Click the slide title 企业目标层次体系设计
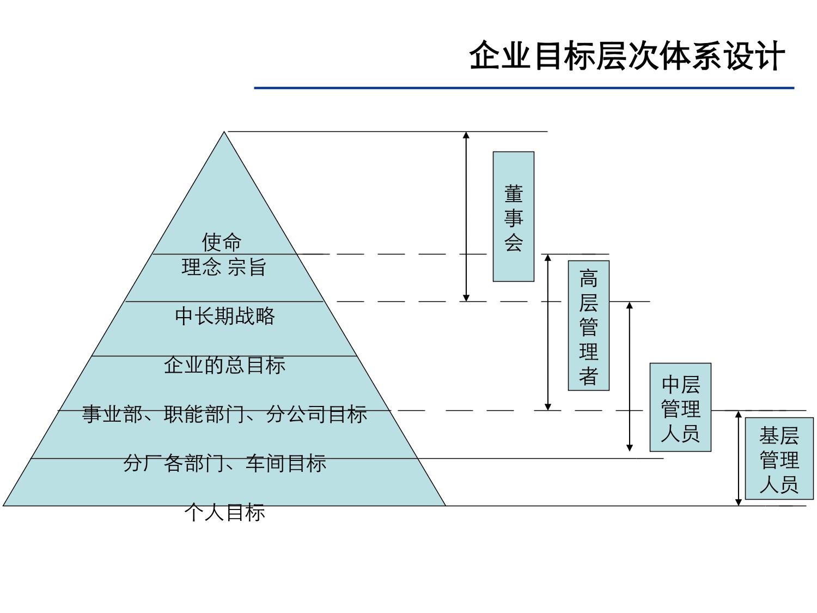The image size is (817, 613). pos(626,56)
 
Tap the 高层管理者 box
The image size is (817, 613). pos(588,325)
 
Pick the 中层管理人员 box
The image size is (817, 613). pos(680,407)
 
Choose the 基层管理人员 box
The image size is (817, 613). pos(779,458)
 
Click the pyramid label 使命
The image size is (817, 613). pos(222,241)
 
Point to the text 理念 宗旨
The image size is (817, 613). pos(224,267)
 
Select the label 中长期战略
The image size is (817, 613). pos(225,316)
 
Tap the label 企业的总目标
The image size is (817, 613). pos(224,365)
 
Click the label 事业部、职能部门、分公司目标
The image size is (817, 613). pos(224,414)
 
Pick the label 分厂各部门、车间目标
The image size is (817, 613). pos(224,463)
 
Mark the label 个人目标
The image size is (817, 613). pos(224,512)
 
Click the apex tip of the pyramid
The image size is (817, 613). pos(224,133)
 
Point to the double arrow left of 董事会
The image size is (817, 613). pos(466,216)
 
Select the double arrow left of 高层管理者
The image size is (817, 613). pos(548,332)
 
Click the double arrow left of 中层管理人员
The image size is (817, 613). pos(630,377)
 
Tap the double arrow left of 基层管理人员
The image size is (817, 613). pos(739,458)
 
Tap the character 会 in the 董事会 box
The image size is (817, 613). pos(513,242)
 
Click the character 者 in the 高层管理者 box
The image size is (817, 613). pos(588,376)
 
